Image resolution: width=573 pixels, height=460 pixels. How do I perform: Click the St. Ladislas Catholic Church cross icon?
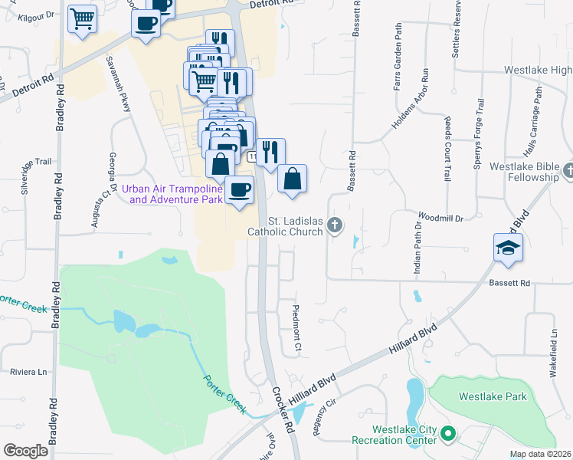(334, 225)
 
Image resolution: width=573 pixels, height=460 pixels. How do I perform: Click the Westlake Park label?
(493, 396)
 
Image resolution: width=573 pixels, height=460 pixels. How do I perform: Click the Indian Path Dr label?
(417, 252)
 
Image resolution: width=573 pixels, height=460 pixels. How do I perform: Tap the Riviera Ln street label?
(28, 372)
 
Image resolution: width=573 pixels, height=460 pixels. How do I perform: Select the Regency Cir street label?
(326, 416)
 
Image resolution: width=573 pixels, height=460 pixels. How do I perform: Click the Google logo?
(25, 451)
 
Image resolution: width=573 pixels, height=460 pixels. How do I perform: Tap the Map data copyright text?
(540, 454)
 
